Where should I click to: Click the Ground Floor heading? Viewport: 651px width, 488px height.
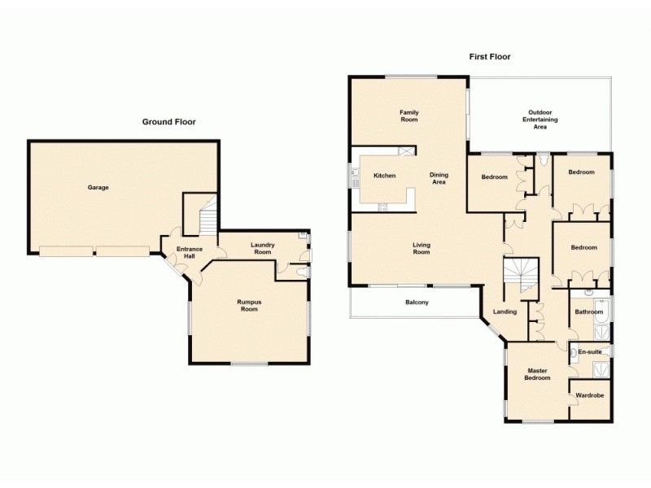coord(169,122)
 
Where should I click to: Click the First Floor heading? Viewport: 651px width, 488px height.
coord(489,57)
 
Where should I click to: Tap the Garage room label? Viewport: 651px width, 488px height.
coord(98,188)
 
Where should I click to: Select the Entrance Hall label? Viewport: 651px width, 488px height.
coord(190,252)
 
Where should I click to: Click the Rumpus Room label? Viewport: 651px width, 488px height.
coord(248,306)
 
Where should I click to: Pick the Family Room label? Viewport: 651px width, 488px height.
coord(409,115)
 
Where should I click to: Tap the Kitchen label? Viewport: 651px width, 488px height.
coord(384,176)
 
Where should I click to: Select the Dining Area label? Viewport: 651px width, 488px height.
coord(439,179)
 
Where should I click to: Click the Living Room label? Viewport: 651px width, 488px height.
coord(421,248)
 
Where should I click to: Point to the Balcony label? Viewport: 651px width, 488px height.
coord(417,303)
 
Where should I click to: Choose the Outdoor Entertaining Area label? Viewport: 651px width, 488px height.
coord(540,120)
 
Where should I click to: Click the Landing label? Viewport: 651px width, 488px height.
coord(505,312)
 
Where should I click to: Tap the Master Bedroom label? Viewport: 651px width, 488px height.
coord(537,374)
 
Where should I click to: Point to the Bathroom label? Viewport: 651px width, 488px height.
coord(588,312)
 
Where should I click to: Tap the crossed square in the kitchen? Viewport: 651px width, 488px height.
coord(406,150)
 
